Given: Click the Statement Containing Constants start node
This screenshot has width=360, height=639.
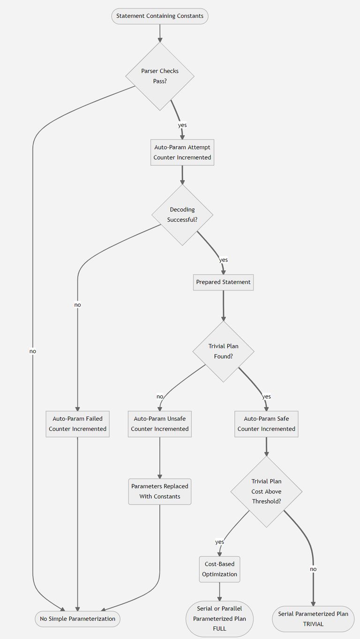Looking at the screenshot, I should point(160,16).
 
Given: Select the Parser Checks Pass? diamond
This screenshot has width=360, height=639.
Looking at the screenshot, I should point(160,76).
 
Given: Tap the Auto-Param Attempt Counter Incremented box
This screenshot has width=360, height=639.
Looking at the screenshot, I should point(182,152).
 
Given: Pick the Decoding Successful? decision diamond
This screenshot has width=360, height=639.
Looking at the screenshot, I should point(182,215).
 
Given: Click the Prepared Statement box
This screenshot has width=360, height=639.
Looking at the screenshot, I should point(223,282).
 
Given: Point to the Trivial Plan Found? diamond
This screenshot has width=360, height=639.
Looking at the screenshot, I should point(223,351).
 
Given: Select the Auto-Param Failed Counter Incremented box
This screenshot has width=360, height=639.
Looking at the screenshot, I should point(77,424).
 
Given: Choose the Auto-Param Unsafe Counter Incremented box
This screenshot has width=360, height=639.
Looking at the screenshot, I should point(160,424).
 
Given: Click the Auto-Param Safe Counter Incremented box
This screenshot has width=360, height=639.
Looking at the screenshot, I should point(266,424).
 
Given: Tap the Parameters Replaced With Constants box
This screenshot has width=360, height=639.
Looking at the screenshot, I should point(160,491).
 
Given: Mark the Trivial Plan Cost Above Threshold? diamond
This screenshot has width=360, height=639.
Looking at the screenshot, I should point(266,491).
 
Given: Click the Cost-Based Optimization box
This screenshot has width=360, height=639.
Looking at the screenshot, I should point(219,569).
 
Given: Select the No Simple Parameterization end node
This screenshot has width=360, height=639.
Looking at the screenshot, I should point(77,619).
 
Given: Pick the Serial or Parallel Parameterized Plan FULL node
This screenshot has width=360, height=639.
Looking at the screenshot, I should point(219,619).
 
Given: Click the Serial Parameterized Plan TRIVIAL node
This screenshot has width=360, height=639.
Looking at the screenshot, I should point(313,619).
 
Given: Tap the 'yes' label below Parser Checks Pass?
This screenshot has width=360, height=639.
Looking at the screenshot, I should point(182,125).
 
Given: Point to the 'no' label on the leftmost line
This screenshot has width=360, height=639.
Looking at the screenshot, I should point(32,351).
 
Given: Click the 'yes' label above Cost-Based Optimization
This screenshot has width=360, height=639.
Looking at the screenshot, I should point(219,542).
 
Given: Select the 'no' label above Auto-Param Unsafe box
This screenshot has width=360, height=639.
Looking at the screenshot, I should point(160,396).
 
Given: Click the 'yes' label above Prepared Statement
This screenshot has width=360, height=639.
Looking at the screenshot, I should point(223,260).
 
